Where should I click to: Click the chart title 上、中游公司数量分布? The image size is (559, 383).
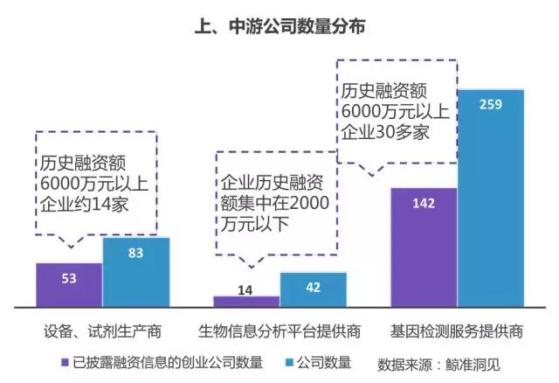coord(279,27)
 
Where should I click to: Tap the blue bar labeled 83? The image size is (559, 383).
coord(135,272)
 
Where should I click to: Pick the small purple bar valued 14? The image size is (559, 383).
coord(246,302)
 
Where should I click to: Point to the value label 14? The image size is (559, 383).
coord(246,288)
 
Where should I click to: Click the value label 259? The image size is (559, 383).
coord(491,105)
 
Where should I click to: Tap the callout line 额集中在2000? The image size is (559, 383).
coord(276,206)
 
